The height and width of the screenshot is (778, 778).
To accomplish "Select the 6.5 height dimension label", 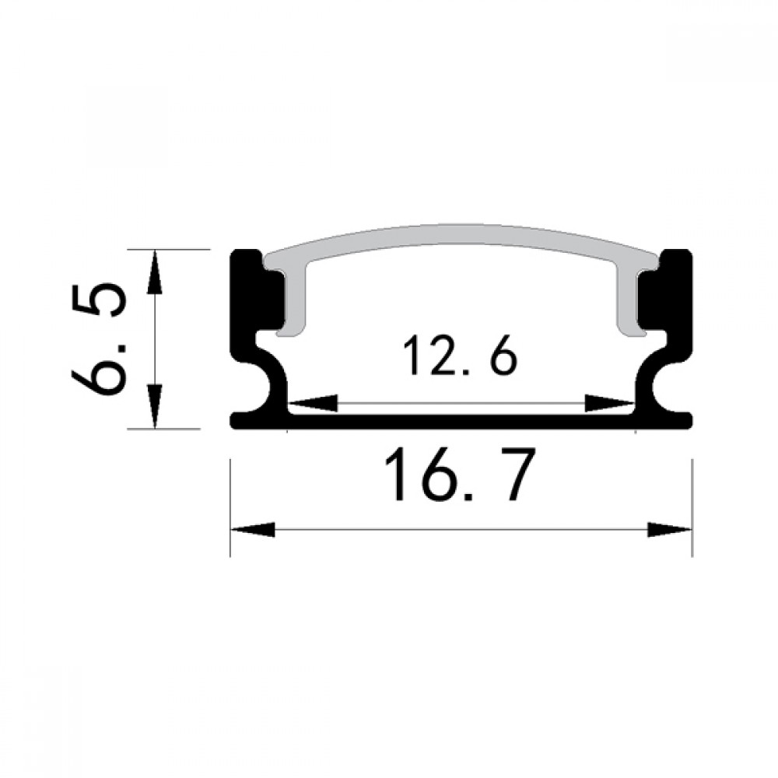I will pos(98,339).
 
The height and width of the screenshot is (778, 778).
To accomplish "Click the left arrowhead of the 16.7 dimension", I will pos(253,530).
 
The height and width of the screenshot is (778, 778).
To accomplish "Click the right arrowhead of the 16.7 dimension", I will pos(669,530).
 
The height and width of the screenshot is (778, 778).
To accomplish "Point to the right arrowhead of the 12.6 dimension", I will pos(609,403).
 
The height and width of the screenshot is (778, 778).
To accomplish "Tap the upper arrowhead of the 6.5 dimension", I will pos(156,272).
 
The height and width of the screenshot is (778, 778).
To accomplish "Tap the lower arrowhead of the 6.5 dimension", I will pos(156,405).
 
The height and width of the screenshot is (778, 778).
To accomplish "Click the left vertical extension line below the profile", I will pos(231,506).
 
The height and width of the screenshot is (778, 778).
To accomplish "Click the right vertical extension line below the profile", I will pos(692,506).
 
